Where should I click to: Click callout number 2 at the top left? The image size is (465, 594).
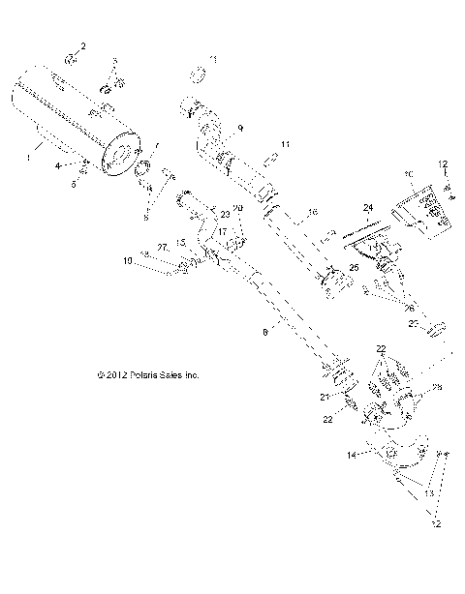(82, 45)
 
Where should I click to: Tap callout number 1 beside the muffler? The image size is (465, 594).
(29, 152)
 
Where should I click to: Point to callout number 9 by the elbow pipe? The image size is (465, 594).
(241, 127)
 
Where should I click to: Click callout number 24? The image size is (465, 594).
(367, 207)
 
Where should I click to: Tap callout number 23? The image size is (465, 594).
(225, 214)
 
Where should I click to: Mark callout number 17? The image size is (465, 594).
(221, 232)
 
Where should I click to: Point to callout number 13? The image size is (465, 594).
(427, 492)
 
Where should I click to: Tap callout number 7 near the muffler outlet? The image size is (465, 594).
(158, 144)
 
